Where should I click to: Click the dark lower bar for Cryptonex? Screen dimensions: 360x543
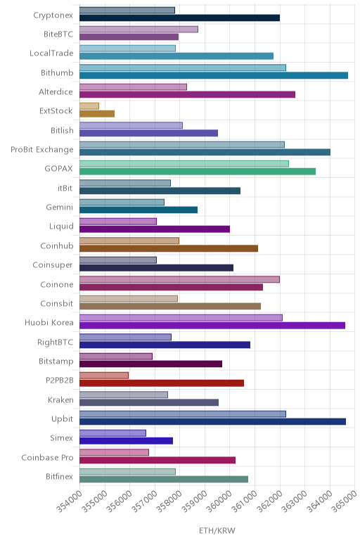click(x=180, y=18)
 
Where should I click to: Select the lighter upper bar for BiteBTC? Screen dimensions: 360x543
click(x=139, y=30)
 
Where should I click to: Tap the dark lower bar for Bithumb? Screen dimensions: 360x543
click(x=214, y=75)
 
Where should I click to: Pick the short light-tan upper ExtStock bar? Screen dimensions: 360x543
click(x=89, y=106)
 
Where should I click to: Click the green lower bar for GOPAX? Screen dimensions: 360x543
click(x=198, y=172)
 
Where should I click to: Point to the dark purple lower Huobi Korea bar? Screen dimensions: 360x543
click(x=212, y=326)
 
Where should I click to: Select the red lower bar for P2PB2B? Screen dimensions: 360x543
click(x=162, y=383)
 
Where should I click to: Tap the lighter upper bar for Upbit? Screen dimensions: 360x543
click(x=183, y=414)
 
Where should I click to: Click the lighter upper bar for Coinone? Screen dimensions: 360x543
click(x=180, y=279)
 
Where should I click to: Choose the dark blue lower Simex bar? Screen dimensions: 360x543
click(x=127, y=441)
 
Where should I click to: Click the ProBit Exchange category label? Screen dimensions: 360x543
click(x=42, y=150)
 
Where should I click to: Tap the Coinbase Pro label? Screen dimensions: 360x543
click(x=47, y=457)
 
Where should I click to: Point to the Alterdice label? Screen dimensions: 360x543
click(x=56, y=91)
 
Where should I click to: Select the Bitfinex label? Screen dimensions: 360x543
click(x=60, y=476)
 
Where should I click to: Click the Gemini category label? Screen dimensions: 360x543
click(x=60, y=207)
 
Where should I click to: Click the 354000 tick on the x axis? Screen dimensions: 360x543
click(x=70, y=502)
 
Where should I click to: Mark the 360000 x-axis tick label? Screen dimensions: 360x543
click(x=220, y=502)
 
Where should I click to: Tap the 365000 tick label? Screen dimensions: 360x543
click(x=345, y=502)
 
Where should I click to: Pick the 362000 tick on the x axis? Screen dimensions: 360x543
click(x=270, y=502)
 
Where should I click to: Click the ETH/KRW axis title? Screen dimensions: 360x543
click(x=217, y=530)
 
